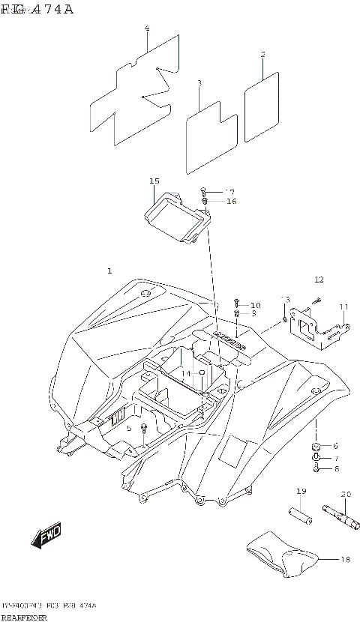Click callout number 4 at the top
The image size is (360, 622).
click(147, 28)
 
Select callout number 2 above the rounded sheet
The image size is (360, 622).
click(262, 55)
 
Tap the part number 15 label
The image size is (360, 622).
click(154, 181)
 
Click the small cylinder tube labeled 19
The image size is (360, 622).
click(301, 517)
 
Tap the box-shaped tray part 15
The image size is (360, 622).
click(176, 218)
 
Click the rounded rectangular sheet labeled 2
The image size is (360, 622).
click(262, 107)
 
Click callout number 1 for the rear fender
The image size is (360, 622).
click(109, 271)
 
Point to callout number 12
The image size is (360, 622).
click(319, 280)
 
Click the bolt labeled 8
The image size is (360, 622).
click(317, 469)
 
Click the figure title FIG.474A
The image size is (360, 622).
click(37, 9)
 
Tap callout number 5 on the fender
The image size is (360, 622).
click(129, 428)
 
